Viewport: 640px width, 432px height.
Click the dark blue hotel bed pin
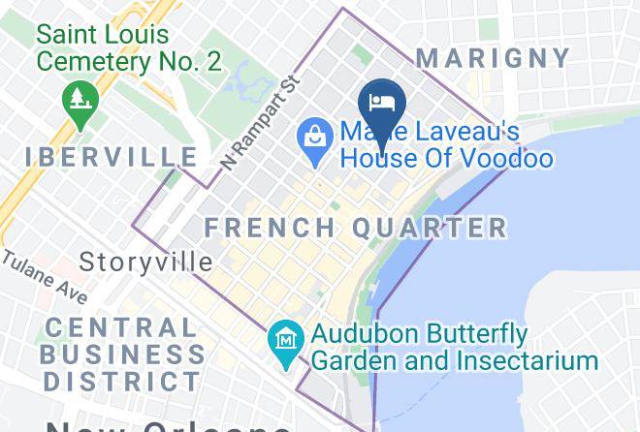(381, 103)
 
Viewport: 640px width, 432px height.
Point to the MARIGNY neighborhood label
(494, 58)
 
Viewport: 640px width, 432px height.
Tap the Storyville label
(145, 262)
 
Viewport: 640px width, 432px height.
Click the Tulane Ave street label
(44, 276)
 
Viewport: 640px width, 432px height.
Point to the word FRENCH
(266, 228)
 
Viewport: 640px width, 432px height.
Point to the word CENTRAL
(120, 328)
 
